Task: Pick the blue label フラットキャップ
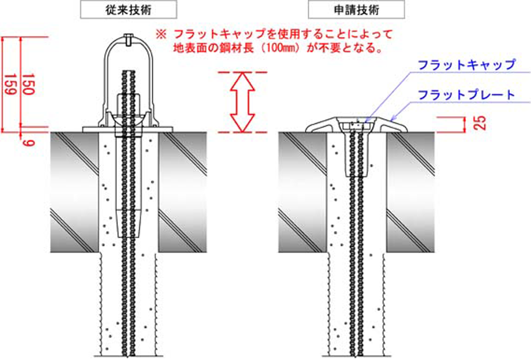click(466, 65)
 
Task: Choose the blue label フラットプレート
click(466, 95)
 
